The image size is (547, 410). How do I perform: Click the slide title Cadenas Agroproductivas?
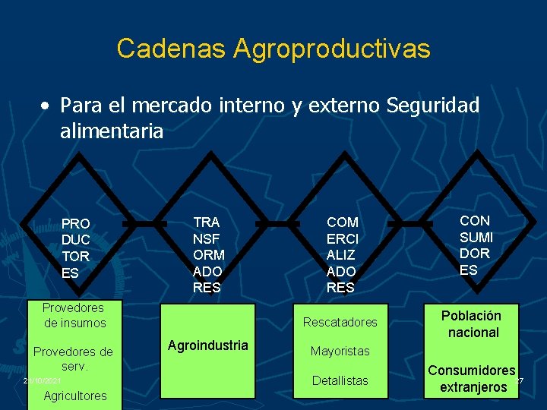(273, 49)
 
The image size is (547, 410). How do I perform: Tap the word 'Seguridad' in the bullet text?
(433, 106)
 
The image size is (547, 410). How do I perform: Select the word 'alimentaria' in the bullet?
(112, 131)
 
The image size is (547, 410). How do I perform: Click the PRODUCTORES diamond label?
(76, 248)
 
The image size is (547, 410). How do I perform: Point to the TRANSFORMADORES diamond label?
(208, 254)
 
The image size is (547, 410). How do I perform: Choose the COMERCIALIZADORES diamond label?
(342, 254)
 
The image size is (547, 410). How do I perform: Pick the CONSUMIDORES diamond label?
(476, 244)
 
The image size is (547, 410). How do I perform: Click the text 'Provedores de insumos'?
(74, 315)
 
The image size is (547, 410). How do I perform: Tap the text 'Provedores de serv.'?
(74, 358)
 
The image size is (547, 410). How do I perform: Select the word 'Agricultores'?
(75, 395)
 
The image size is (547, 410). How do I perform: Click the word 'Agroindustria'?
(207, 345)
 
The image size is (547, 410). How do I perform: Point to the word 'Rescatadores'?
(340, 322)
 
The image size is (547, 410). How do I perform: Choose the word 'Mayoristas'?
(340, 351)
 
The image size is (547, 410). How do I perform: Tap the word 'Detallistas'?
(340, 380)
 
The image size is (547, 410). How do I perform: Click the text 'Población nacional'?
(473, 324)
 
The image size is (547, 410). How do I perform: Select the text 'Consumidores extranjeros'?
(472, 379)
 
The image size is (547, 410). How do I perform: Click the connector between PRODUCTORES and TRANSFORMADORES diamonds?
(144, 224)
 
